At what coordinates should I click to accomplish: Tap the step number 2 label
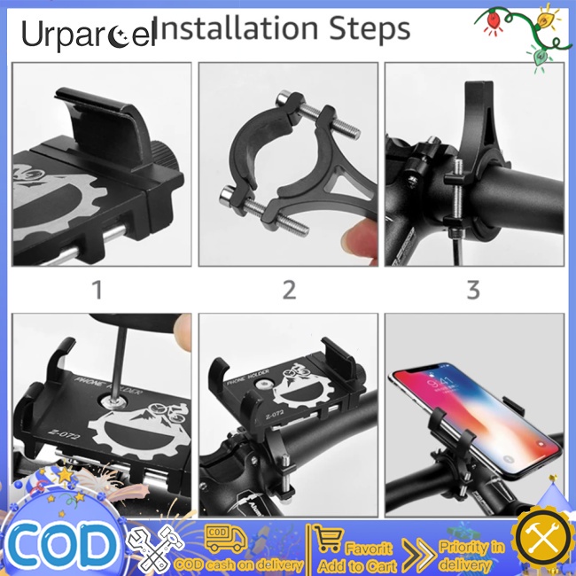pyautogui.click(x=288, y=289)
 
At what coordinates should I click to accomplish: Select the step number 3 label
pyautogui.click(x=473, y=289)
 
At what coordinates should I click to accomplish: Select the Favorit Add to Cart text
pyautogui.click(x=368, y=556)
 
